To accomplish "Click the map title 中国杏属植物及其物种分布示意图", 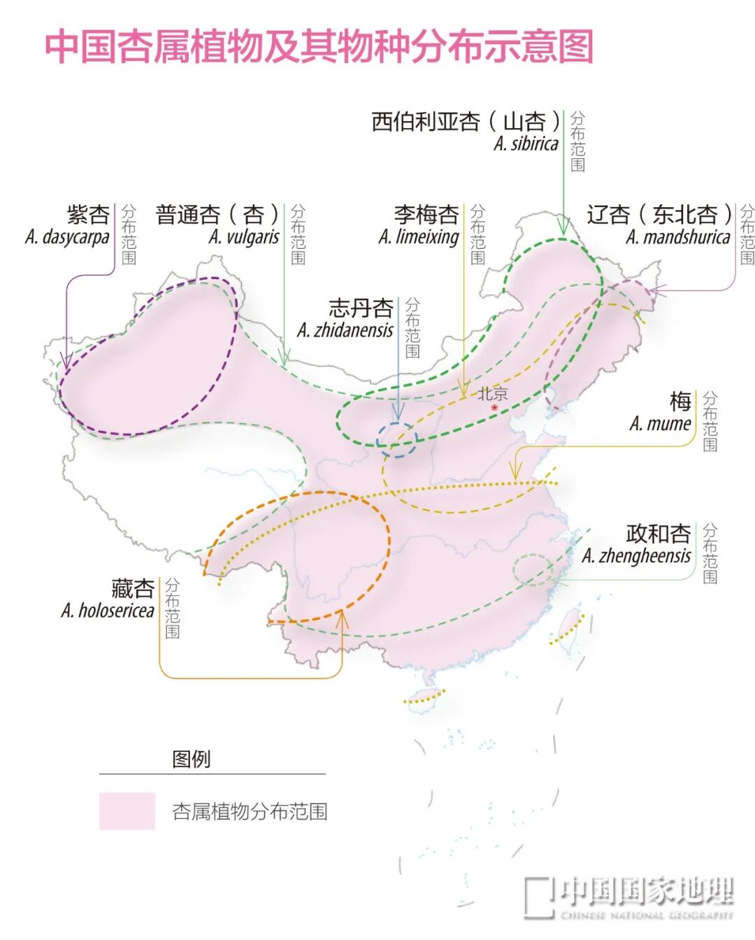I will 319,46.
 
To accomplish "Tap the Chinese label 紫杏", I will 88,215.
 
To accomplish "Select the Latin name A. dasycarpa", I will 67,237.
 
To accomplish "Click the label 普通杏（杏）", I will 217,215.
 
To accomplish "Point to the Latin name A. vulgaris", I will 243,237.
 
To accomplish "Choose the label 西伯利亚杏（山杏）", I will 466,122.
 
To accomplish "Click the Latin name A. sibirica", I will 526,144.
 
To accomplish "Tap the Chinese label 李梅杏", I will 426,215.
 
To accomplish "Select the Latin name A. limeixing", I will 419,237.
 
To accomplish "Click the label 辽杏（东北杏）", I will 659,215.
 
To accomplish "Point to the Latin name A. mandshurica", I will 677,237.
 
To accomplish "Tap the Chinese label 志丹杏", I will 361,308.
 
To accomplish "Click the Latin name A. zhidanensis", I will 345,330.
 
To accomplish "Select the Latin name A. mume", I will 660,424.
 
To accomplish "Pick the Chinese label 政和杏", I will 658,534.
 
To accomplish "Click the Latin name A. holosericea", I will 108,611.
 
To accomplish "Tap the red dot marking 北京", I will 495,407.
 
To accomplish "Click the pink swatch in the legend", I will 127,811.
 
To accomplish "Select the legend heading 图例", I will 191,759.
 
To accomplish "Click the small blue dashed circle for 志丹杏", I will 396,440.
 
